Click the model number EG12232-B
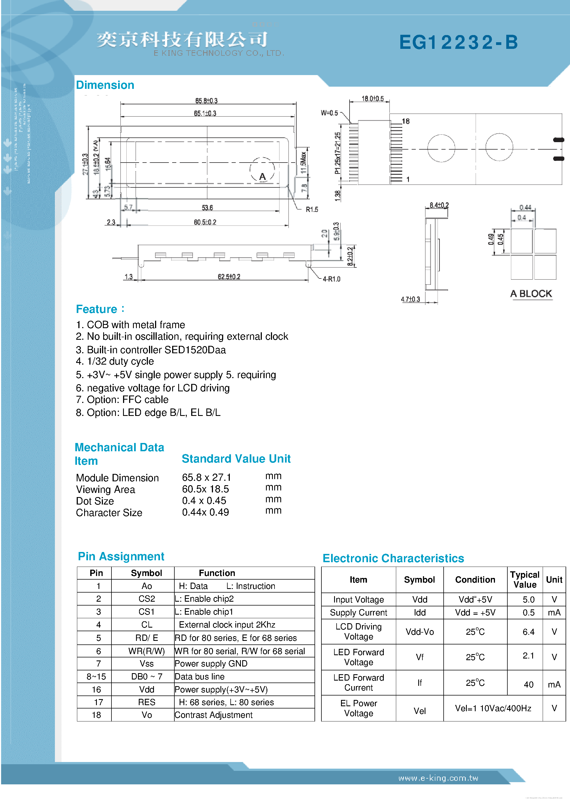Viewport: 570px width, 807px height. (458, 43)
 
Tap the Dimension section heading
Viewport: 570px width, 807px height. (105, 85)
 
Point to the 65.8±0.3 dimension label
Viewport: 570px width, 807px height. (206, 101)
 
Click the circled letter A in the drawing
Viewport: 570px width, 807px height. (262, 176)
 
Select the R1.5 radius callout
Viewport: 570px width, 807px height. (312, 209)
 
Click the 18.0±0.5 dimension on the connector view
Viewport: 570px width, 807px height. (372, 99)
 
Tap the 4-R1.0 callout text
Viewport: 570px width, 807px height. (331, 279)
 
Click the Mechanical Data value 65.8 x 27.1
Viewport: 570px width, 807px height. (206, 477)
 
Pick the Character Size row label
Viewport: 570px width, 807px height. (109, 513)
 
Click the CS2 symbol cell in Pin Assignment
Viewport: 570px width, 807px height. (147, 599)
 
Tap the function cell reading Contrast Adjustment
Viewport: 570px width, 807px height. (213, 715)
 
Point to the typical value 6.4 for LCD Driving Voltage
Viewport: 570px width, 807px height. (528, 632)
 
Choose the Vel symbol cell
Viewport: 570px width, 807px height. (419, 711)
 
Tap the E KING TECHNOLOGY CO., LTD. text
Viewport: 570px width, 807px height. (219, 53)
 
